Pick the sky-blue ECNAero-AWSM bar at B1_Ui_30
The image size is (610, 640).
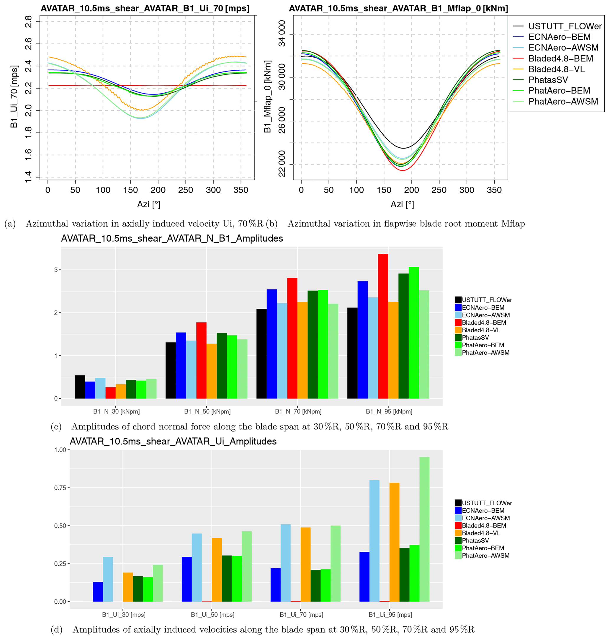pyautogui.click(x=108, y=579)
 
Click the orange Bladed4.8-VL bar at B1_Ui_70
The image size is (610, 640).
pyautogui.click(x=305, y=564)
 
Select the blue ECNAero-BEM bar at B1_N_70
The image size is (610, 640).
pyautogui.click(x=272, y=343)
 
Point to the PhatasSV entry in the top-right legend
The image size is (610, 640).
pyautogui.click(x=548, y=80)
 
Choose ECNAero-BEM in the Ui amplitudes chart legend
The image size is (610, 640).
pyautogui.click(x=483, y=511)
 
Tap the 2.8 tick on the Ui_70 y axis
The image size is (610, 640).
pyautogui.click(x=28, y=22)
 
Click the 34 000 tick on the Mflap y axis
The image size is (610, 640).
pyautogui.click(x=282, y=34)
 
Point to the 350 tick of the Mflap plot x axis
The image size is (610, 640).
pyautogui.click(x=494, y=190)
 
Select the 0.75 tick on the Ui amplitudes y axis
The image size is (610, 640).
pyautogui.click(x=60, y=488)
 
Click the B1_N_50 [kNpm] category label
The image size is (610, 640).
pyautogui.click(x=207, y=411)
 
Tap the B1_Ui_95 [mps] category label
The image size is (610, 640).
pyautogui.click(x=390, y=615)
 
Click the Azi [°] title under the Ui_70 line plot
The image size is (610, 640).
pyautogui.click(x=149, y=204)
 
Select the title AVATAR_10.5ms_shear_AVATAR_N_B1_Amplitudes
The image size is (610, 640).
pyautogui.click(x=172, y=239)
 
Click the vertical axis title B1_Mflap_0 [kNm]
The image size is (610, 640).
pyautogui.click(x=267, y=97)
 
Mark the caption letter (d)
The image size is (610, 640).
pyautogui.click(x=57, y=630)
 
